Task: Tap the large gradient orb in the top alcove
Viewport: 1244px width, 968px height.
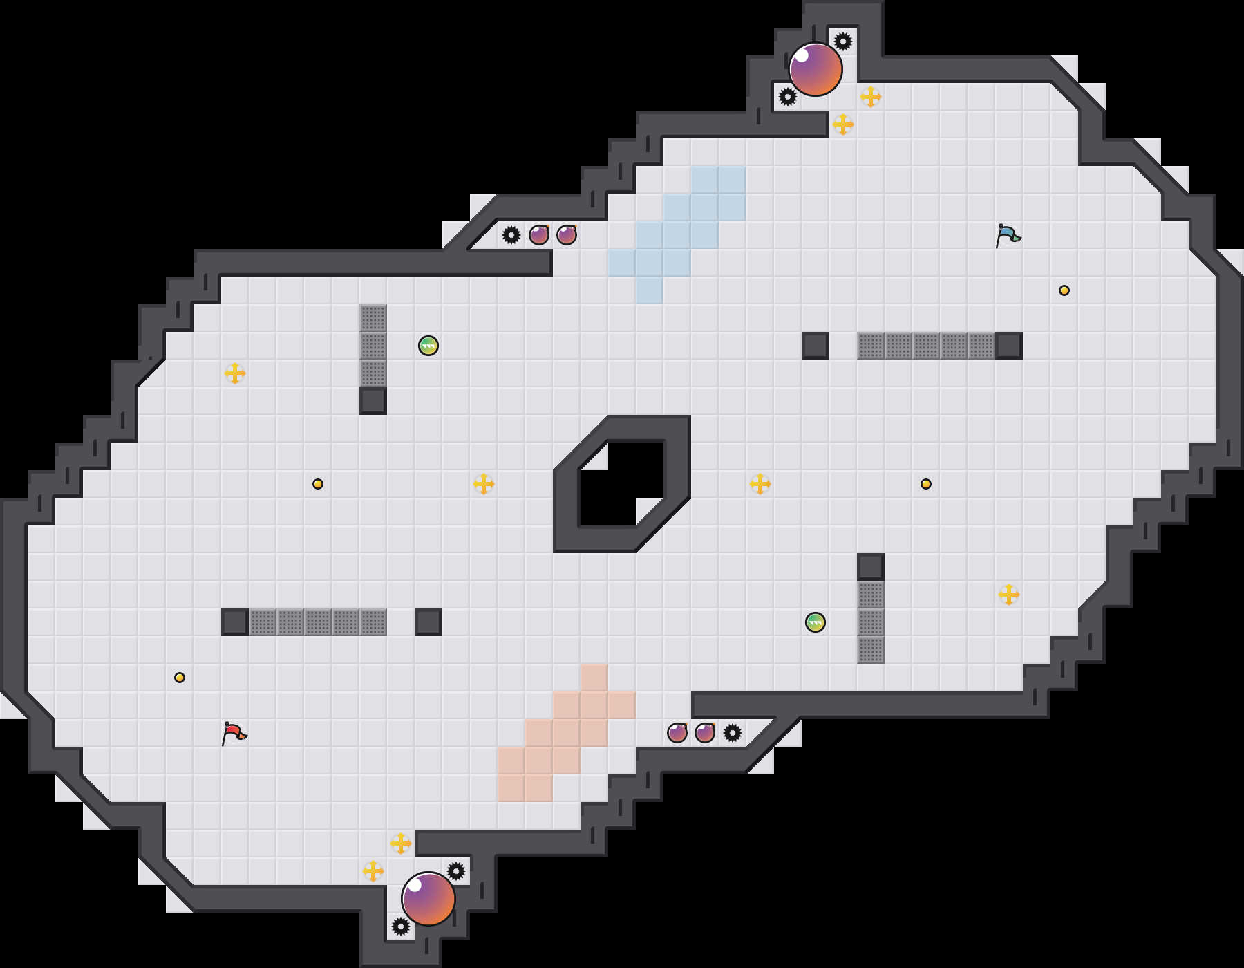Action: pyautogui.click(x=816, y=69)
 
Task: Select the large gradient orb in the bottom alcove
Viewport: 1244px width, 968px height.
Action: pyautogui.click(x=428, y=899)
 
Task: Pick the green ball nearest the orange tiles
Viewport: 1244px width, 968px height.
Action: pyautogui.click(x=816, y=622)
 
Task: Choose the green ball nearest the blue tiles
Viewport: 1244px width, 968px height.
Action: pyautogui.click(x=428, y=346)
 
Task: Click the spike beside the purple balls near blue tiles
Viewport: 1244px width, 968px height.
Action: pyautogui.click(x=511, y=235)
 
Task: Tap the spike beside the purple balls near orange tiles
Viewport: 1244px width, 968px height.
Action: pyautogui.click(x=733, y=733)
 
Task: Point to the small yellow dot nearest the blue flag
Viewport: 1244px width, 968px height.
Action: pyautogui.click(x=1064, y=290)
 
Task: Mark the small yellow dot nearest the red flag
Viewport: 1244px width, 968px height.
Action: pyautogui.click(x=180, y=678)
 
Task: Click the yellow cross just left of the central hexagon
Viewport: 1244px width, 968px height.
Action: pyautogui.click(x=484, y=484)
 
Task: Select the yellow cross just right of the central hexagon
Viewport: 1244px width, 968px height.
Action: pyautogui.click(x=760, y=484)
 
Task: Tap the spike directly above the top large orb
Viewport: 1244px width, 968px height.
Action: pyautogui.click(x=843, y=41)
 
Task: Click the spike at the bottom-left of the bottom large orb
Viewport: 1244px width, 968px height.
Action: pyautogui.click(x=401, y=927)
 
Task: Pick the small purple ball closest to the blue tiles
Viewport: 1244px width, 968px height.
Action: pyautogui.click(x=567, y=235)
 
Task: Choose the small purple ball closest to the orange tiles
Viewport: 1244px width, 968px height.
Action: pyautogui.click(x=677, y=733)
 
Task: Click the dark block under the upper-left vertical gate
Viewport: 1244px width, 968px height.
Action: pyautogui.click(x=373, y=401)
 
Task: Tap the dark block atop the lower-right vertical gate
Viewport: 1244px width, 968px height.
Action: pyautogui.click(x=871, y=567)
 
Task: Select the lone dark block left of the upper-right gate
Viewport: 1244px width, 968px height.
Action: pyautogui.click(x=816, y=346)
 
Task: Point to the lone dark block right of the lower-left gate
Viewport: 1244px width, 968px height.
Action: pyautogui.click(x=428, y=622)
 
